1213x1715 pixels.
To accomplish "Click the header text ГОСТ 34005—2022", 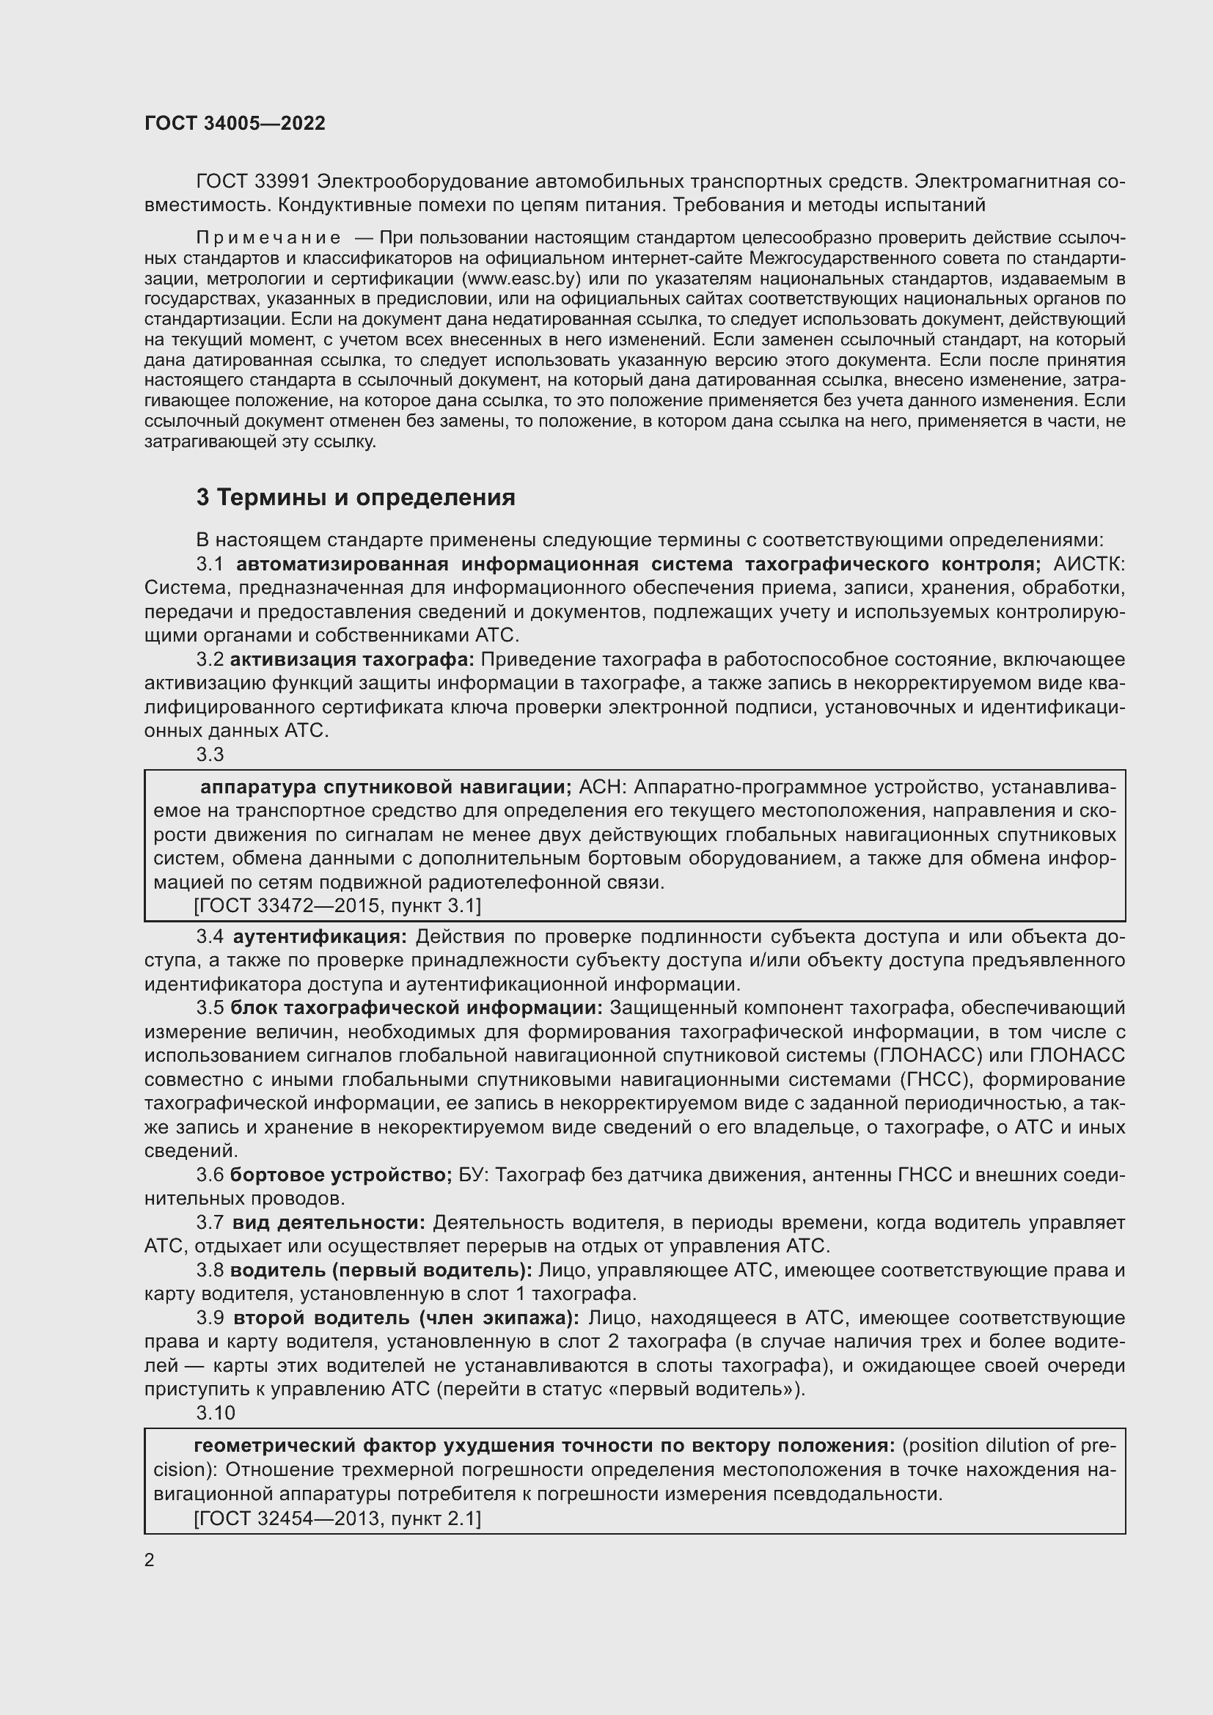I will coord(235,123).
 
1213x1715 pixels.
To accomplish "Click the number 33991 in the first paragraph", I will coord(282,182).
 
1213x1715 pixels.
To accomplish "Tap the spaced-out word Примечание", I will coord(268,238).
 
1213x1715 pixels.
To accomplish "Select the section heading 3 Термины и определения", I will coord(356,497).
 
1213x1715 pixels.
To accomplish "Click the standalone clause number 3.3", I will coord(210,754).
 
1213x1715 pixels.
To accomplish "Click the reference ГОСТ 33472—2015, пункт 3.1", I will coord(337,906).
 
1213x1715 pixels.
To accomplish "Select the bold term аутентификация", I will coord(320,936).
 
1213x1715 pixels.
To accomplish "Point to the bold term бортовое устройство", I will coord(340,1175).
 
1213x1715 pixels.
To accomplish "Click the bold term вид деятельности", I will coord(329,1223).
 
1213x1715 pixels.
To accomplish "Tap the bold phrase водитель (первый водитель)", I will coord(381,1271).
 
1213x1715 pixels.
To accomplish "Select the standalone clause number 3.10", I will coord(215,1413).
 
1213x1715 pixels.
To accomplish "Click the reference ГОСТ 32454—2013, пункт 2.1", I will coord(337,1518).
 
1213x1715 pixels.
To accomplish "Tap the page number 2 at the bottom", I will coord(150,1560).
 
